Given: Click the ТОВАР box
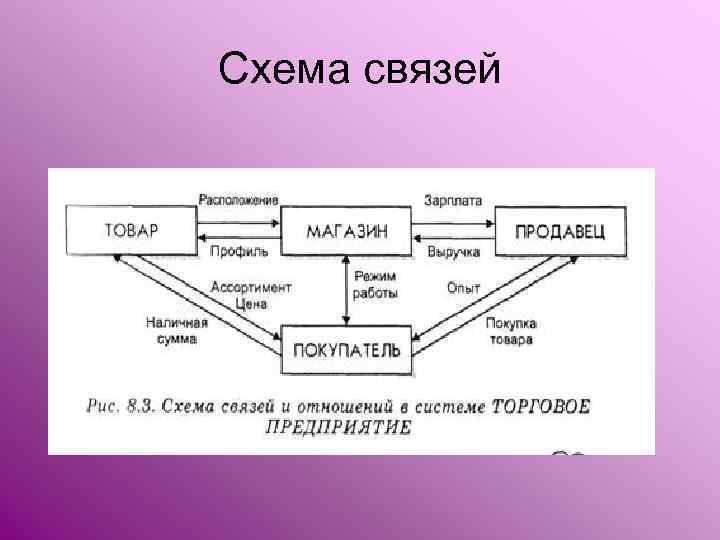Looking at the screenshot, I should pos(131,229).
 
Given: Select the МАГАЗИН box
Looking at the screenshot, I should pos(347,230).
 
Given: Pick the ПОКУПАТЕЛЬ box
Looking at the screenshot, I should pos(347,350).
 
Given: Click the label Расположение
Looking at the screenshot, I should pos(238,199).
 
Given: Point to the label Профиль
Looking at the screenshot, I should pos(237,251).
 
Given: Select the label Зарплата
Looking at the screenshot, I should pos(453,199).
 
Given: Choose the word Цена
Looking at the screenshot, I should pos(252,302).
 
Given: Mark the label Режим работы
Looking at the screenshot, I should pos(375,285).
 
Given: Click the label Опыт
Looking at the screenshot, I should pos(463,287).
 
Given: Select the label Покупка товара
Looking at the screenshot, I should pos(511,331).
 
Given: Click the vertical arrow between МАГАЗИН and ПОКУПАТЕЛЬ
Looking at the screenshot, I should pos(346,290).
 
